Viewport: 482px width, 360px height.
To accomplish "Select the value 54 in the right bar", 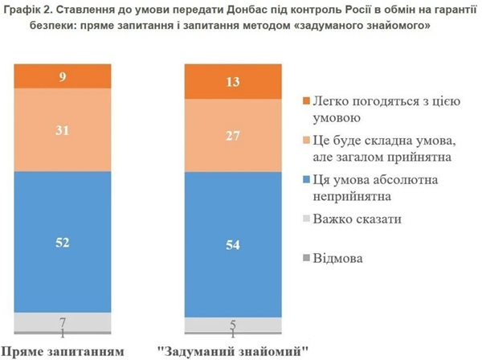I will click(232, 245).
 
